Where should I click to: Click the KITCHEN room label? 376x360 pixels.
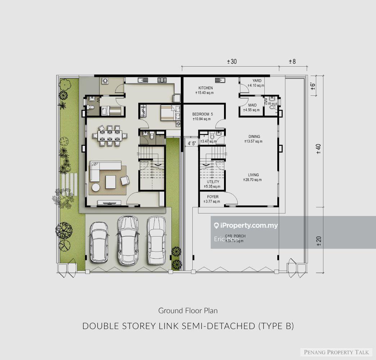[x=206, y=88]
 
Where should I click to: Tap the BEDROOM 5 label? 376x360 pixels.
[x=202, y=114]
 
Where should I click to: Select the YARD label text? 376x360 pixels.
[x=257, y=81]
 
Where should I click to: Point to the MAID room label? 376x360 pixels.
[x=252, y=105]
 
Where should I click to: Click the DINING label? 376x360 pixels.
[x=254, y=136]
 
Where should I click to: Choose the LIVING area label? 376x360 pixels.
[x=253, y=175]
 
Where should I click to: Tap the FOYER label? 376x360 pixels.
[x=212, y=197]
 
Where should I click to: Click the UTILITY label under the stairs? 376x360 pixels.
[x=212, y=182]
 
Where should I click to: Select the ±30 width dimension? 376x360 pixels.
[x=232, y=62]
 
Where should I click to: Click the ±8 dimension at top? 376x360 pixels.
[x=292, y=62]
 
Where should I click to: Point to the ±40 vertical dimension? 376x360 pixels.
[x=318, y=149]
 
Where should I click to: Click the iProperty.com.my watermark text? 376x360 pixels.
[x=249, y=226]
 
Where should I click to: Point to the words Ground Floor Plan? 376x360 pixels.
[x=188, y=310]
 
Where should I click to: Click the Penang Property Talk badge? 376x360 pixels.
[x=336, y=352]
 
